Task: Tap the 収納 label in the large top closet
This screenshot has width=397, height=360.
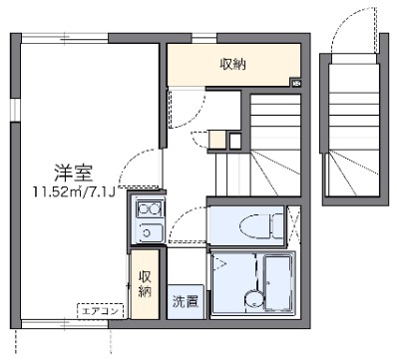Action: click(234, 64)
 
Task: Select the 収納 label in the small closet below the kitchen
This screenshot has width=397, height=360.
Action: click(146, 283)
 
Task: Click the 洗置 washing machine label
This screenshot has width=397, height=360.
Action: click(185, 300)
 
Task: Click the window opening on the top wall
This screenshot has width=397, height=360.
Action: click(203, 39)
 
